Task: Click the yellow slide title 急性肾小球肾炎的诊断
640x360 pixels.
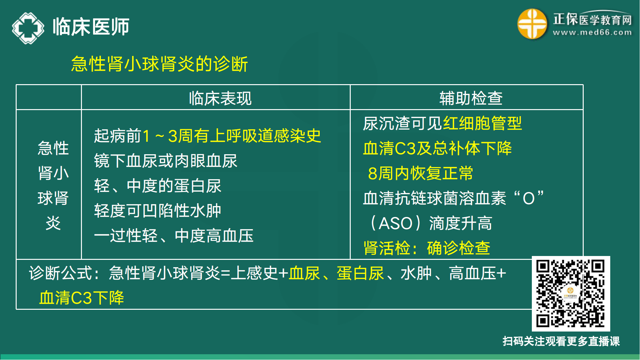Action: click(159, 64)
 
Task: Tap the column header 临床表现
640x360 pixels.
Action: click(220, 98)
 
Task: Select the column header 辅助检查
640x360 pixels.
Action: click(471, 98)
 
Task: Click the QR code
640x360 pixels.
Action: click(571, 293)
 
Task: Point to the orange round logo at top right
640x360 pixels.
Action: click(532, 24)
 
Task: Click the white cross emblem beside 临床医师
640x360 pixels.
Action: click(28, 28)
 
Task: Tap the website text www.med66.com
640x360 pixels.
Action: click(592, 32)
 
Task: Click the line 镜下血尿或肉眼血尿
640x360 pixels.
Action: click(165, 161)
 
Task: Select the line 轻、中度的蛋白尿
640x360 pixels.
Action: click(157, 186)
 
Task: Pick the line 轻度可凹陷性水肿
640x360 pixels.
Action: click(157, 211)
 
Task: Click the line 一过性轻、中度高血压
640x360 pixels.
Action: click(173, 236)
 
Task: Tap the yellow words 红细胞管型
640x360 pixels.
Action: click(482, 123)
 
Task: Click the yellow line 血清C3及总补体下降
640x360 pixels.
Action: click(437, 148)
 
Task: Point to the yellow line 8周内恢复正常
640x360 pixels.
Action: click(420, 173)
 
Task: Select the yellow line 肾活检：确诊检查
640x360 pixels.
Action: click(427, 248)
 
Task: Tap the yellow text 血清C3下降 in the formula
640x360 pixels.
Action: click(81, 298)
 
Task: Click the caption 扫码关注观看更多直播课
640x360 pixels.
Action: click(561, 341)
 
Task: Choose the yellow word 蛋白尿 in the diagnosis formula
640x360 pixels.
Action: click(360, 273)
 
